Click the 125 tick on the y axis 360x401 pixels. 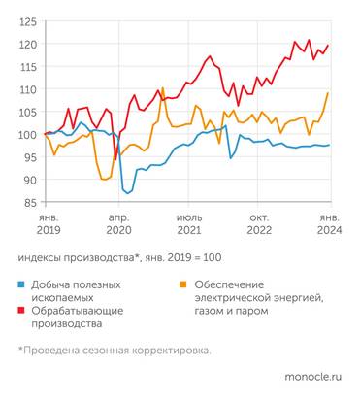click(x=27, y=21)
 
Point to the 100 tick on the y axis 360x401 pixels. click(x=27, y=134)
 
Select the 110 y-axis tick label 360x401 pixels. click(x=27, y=89)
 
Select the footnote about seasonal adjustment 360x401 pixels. click(x=114, y=350)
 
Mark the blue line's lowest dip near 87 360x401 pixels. click(x=129, y=193)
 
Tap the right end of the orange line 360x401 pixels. click(x=328, y=93)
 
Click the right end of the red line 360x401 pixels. click(x=328, y=45)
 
